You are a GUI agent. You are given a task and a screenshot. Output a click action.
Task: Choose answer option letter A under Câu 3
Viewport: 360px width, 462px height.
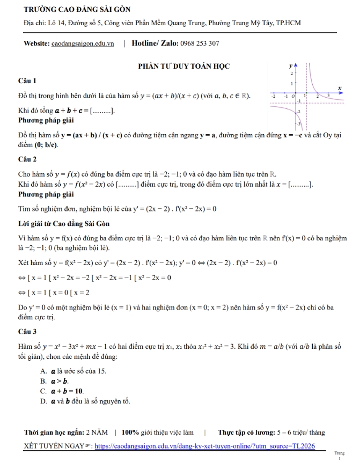[x=43, y=371]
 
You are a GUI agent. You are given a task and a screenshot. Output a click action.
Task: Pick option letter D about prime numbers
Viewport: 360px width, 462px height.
[x=43, y=400]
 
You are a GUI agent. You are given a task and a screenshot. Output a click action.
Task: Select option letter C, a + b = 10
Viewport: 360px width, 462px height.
[x=43, y=391]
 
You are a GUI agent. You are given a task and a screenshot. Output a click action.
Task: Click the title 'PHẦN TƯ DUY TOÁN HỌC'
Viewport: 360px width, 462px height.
[x=183, y=66]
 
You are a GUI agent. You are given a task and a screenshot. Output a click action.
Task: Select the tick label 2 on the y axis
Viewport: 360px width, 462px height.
[x=291, y=71]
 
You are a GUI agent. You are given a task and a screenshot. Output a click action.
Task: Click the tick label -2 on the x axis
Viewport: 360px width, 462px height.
[x=273, y=95]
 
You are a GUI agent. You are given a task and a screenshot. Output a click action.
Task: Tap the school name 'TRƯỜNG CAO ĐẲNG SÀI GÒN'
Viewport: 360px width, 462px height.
[x=77, y=10]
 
